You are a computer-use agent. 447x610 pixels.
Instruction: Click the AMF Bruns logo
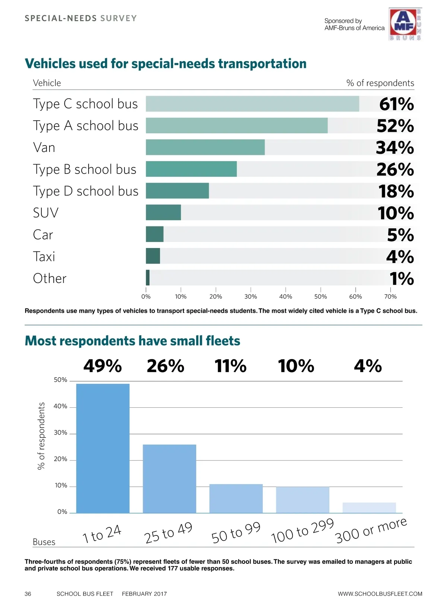405,24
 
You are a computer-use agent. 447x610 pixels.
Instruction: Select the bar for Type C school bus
252,104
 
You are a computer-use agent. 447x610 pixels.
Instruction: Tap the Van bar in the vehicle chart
205,147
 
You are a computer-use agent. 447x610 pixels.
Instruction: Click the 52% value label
395,126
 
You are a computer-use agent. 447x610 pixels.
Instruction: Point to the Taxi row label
44,257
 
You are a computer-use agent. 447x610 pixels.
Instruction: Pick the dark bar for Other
148,278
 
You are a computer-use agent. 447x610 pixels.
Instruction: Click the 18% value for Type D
396,191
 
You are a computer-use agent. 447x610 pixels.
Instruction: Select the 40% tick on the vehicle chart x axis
286,296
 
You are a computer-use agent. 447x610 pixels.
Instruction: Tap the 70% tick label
390,296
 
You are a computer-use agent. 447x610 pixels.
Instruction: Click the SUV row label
45,213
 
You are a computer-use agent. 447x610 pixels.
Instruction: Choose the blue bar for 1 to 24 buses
103,448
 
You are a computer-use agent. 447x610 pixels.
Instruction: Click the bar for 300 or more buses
369,508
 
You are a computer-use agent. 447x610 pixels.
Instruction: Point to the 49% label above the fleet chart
102,366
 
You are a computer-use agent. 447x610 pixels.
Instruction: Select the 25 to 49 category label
168,533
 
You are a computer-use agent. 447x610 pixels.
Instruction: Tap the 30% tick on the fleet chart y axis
60,433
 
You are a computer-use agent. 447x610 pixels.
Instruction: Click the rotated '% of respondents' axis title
41,436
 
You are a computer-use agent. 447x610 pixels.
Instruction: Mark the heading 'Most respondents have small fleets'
132,341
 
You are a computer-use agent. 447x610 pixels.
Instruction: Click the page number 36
28,594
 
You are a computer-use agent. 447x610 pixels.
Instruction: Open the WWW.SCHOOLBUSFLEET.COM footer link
380,594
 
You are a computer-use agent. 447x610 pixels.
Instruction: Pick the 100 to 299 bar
302,500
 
